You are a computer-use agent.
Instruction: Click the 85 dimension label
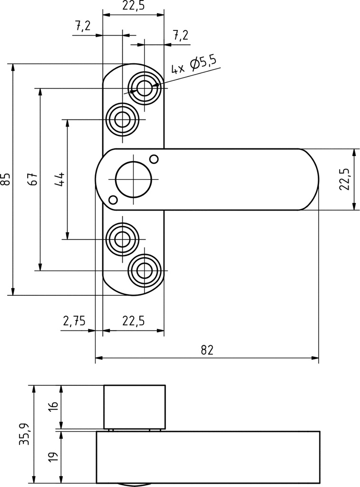point(5,179)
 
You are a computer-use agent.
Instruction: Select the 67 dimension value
point(32,179)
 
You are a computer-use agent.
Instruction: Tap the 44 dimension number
point(60,179)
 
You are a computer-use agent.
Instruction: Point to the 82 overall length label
point(207,350)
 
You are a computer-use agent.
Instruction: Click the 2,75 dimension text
point(74,321)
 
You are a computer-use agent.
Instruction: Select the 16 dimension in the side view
point(53,407)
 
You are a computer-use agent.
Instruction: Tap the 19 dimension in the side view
point(53,457)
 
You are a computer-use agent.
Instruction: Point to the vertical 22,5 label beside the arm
point(345,179)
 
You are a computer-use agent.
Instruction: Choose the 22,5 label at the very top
point(133,6)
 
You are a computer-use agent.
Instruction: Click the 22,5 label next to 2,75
point(133,321)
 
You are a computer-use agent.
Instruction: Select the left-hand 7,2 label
point(82,26)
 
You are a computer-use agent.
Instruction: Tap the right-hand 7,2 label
point(180,35)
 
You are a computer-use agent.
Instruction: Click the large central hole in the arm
point(133,179)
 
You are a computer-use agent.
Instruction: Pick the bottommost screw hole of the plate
point(145,271)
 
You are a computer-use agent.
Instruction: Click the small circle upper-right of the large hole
point(154,158)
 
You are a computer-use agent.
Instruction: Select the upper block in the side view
point(135,407)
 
